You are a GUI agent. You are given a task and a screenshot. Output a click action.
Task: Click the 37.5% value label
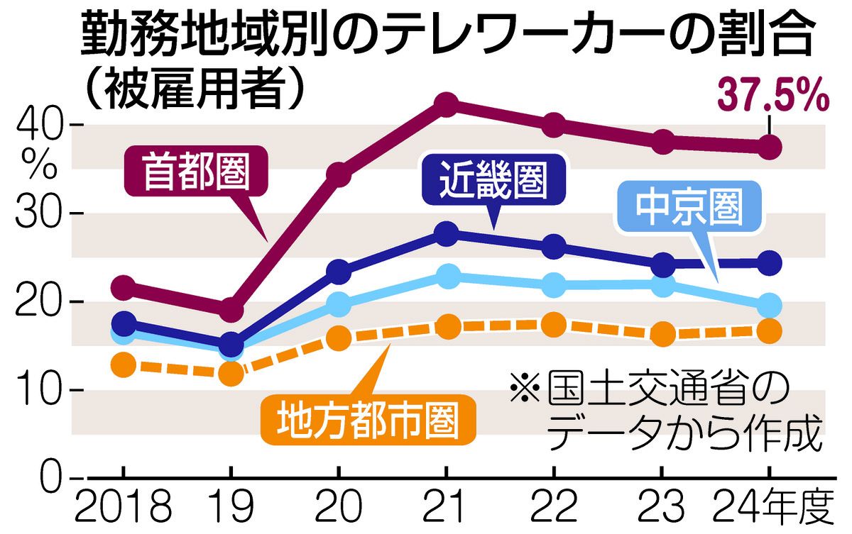(774, 96)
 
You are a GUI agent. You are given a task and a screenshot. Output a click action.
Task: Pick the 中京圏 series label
(688, 207)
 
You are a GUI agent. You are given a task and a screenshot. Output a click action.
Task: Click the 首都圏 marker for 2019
(231, 311)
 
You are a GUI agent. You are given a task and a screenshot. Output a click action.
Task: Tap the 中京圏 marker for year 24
(770, 306)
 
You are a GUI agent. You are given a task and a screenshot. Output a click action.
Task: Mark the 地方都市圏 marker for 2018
(124, 366)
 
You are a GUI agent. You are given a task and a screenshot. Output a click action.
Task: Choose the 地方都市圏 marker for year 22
(553, 325)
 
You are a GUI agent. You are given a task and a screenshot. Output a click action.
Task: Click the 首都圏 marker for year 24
(770, 148)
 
